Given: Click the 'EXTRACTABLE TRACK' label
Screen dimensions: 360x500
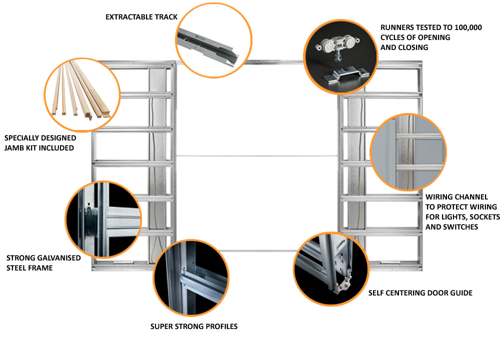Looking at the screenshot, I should point(141,17).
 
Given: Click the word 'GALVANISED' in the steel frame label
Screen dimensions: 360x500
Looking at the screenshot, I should point(58,258).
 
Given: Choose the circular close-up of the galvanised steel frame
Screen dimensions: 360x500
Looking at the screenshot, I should point(104,219).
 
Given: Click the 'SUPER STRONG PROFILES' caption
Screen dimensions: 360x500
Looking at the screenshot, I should point(194,326).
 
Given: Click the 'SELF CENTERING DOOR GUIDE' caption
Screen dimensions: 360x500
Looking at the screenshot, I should point(420,292).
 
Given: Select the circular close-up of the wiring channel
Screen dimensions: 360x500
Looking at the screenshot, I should point(408,152).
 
